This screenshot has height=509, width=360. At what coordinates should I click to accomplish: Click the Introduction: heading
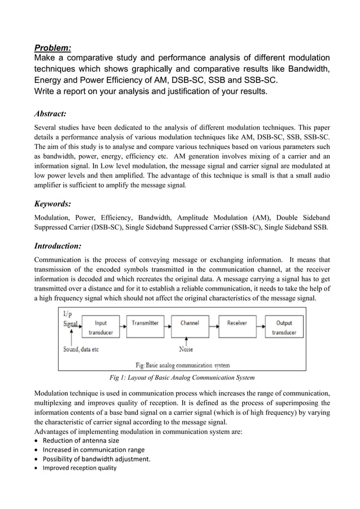pos(58,246)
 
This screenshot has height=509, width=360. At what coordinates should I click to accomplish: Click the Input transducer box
pos(100,327)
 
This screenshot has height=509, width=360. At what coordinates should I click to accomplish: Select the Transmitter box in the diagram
pos(145,323)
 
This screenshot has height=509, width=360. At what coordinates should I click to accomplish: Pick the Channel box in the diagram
pos(190,323)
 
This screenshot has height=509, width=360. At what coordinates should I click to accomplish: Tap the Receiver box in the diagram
pos(237,323)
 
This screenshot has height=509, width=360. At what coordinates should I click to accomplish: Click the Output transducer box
pos(284,327)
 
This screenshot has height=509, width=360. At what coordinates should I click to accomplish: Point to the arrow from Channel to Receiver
pos(213,324)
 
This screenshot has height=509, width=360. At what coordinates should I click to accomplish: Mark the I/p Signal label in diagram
pos(71,319)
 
